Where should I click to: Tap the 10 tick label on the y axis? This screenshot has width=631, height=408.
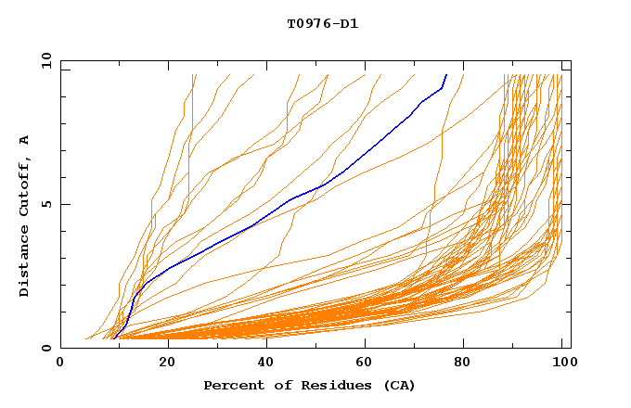point(44,60)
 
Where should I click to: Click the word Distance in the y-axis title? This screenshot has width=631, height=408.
point(25,261)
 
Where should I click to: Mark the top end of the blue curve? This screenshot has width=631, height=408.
point(446,75)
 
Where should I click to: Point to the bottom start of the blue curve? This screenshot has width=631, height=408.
point(112,338)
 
